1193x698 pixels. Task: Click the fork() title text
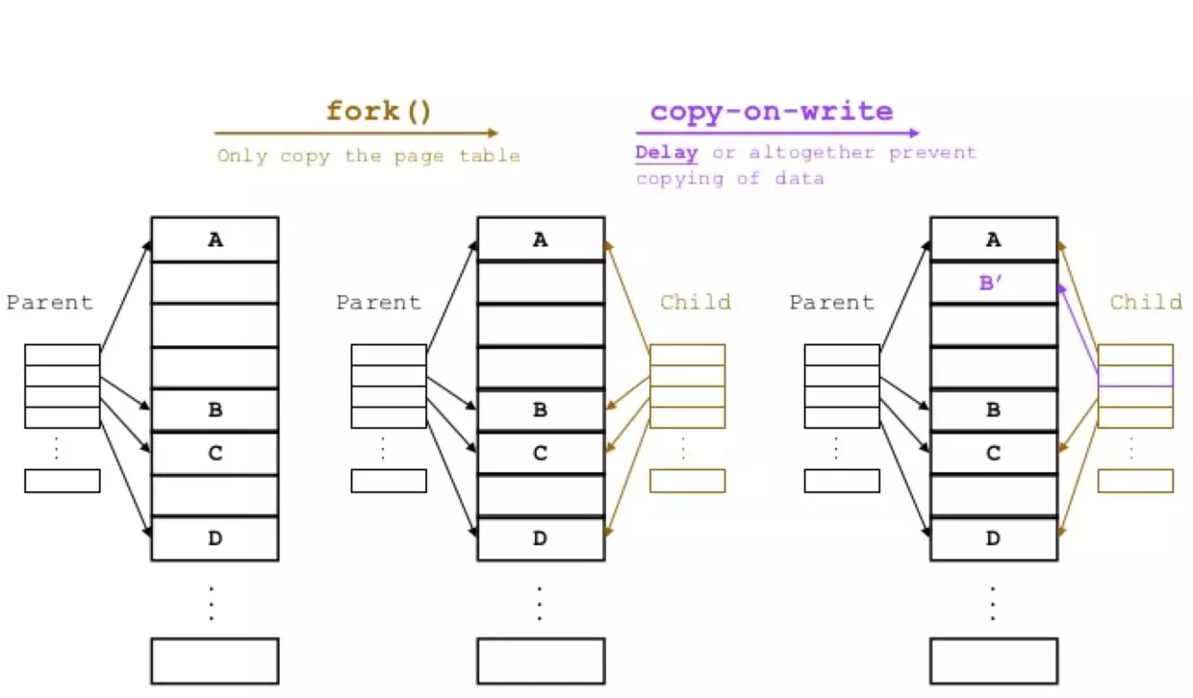click(x=379, y=111)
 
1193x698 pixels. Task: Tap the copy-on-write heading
click(x=771, y=111)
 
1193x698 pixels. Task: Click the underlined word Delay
click(x=666, y=153)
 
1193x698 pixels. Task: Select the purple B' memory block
click(x=993, y=283)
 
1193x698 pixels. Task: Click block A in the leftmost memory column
click(x=215, y=239)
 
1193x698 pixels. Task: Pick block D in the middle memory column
click(x=540, y=539)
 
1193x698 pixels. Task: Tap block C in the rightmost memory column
click(x=993, y=453)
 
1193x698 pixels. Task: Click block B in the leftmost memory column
click(x=215, y=411)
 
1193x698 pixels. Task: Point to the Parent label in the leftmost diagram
click(x=50, y=303)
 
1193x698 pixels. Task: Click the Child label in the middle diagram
click(x=695, y=303)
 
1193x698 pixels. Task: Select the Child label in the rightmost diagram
click(x=1145, y=303)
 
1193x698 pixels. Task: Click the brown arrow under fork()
click(x=356, y=133)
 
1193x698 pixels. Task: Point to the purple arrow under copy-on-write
click(x=776, y=133)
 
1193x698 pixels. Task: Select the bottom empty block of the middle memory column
click(x=540, y=661)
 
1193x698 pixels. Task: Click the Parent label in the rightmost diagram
click(x=831, y=303)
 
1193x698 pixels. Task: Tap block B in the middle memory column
click(x=540, y=411)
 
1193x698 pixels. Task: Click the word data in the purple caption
click(x=800, y=178)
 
